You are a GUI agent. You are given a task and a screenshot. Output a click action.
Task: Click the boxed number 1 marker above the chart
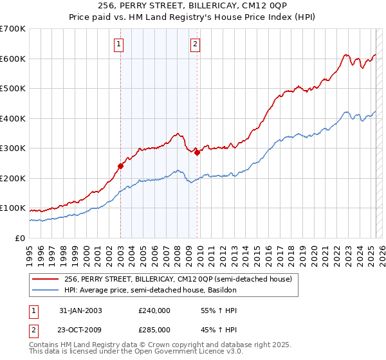click(120, 44)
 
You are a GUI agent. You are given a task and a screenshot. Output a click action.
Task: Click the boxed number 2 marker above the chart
click(194, 44)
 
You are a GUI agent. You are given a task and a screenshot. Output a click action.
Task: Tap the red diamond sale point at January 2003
click(120, 166)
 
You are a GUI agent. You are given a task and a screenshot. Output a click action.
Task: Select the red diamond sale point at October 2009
click(197, 152)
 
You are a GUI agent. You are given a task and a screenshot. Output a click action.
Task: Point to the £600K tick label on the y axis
click(13, 59)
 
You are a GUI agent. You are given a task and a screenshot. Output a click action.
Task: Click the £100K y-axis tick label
click(13, 208)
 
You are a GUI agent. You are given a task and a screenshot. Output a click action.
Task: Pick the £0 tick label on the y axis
click(20, 238)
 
